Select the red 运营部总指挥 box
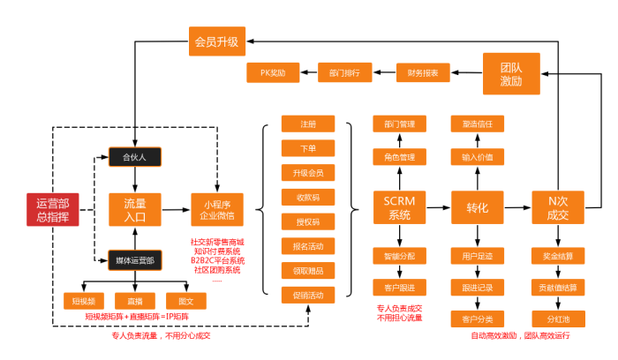52,208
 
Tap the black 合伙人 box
132,158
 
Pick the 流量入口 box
133,208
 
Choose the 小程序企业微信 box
217,208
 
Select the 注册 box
307,123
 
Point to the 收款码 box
307,196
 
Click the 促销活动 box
307,294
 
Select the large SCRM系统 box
399,207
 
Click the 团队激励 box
509,72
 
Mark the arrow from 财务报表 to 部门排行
384,72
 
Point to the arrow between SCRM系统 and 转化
438,208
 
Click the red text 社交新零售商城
217,242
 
